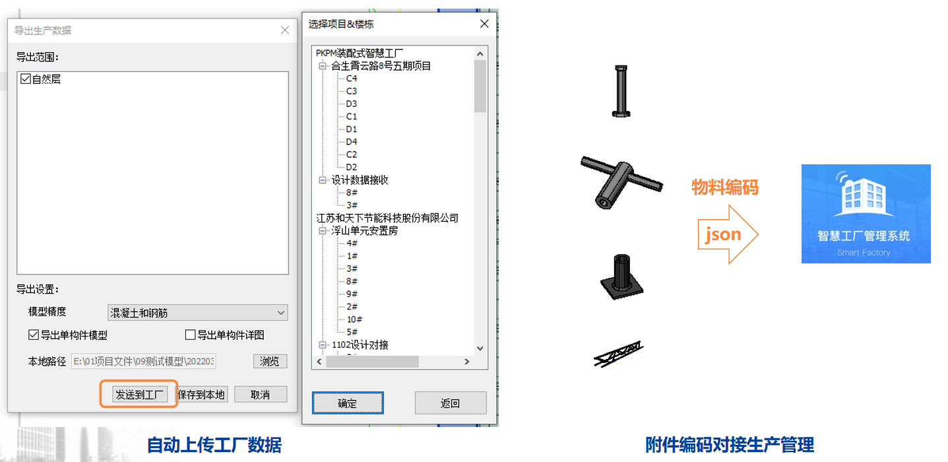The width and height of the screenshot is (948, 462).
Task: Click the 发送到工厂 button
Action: [x=140, y=395]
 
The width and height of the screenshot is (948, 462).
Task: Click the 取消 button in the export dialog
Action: [x=261, y=395]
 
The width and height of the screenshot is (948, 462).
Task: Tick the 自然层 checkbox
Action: [x=25, y=79]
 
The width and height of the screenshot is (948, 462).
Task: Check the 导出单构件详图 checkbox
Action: [x=191, y=335]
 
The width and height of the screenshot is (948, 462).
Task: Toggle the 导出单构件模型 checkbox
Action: [x=34, y=335]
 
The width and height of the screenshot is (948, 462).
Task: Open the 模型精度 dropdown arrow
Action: [x=280, y=313]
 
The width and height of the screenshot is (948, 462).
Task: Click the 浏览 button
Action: [x=270, y=361]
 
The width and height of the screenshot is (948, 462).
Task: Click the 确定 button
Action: [x=348, y=403]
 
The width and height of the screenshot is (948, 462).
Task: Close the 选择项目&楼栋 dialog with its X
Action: [x=485, y=24]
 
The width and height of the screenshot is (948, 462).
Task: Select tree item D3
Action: [x=351, y=104]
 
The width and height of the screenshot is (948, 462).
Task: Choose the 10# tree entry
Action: [x=355, y=319]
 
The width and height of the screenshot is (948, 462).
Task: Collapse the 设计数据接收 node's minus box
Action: [x=323, y=180]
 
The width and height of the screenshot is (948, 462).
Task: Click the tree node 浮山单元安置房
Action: [x=364, y=231]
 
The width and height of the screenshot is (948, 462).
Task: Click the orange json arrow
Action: [x=728, y=234]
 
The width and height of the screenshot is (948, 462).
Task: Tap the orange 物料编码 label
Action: [x=725, y=187]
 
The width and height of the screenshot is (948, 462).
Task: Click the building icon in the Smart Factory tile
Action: [x=864, y=195]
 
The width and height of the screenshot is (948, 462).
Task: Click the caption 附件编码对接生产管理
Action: [x=730, y=445]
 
